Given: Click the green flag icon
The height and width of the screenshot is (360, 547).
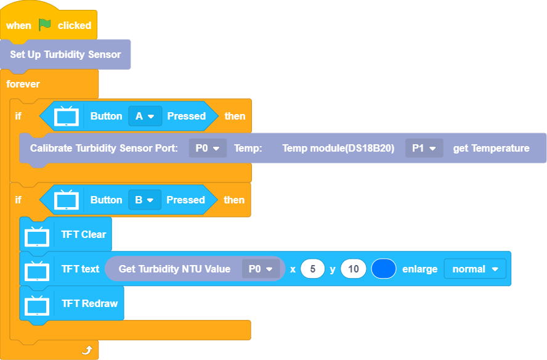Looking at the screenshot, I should (x=45, y=25).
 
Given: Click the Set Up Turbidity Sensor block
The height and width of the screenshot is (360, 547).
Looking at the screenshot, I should (x=65, y=54).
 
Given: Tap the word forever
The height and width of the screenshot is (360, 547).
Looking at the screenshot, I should (x=23, y=83).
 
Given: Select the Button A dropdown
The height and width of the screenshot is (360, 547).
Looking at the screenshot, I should (x=145, y=116).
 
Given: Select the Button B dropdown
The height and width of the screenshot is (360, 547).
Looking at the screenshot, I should (x=145, y=200).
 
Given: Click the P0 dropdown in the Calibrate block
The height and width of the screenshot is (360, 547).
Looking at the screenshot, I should (x=208, y=148).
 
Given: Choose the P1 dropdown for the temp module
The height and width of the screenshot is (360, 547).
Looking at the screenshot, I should (x=424, y=148).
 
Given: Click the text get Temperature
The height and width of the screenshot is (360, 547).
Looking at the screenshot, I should (x=491, y=148).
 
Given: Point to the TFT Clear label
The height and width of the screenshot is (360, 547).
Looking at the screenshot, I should (x=84, y=234).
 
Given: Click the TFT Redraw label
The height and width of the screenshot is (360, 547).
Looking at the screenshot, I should (x=89, y=303).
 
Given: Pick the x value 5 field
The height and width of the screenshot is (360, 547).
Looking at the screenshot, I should (x=313, y=269).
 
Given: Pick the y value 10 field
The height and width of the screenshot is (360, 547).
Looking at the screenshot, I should (x=354, y=269).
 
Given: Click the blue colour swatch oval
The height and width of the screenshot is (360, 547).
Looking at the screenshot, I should (x=384, y=269).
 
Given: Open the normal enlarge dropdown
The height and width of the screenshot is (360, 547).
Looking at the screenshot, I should (x=475, y=269).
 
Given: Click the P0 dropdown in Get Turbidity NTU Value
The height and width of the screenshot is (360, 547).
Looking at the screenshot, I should (x=261, y=269).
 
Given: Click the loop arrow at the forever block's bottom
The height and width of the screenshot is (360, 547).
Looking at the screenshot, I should (x=87, y=350).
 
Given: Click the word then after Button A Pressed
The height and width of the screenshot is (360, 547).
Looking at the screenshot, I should (x=235, y=116).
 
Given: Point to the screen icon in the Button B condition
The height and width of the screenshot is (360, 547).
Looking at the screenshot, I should (x=66, y=200).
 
